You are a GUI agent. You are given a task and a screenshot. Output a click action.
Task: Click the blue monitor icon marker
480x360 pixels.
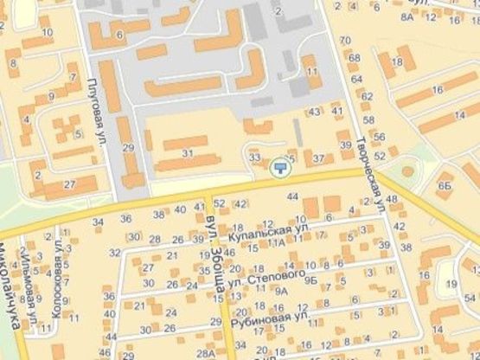click(279, 167)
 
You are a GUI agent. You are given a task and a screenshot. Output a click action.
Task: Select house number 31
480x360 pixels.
click(188, 153)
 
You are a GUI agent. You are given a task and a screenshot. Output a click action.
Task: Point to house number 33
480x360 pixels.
click(254, 158)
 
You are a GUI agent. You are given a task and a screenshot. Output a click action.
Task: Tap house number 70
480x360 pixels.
click(346, 41)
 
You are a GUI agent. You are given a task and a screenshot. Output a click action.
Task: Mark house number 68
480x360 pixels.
click(355, 57)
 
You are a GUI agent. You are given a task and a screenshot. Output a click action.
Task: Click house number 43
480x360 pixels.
click(314, 111)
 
